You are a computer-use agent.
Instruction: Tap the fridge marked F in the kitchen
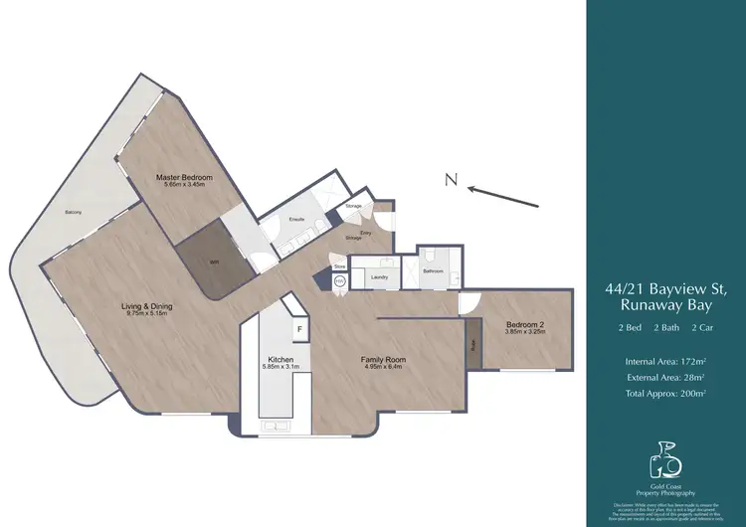point(297,329)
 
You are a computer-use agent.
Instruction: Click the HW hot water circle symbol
point(338,281)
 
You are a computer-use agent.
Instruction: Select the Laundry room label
point(379,277)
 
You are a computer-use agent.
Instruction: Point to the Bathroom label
point(432,269)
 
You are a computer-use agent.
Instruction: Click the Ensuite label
point(295,218)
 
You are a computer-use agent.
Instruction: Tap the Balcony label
point(73,212)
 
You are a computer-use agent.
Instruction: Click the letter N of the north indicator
point(451,180)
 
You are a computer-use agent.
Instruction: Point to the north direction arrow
point(503,196)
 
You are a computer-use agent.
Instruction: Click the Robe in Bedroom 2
point(472,345)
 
